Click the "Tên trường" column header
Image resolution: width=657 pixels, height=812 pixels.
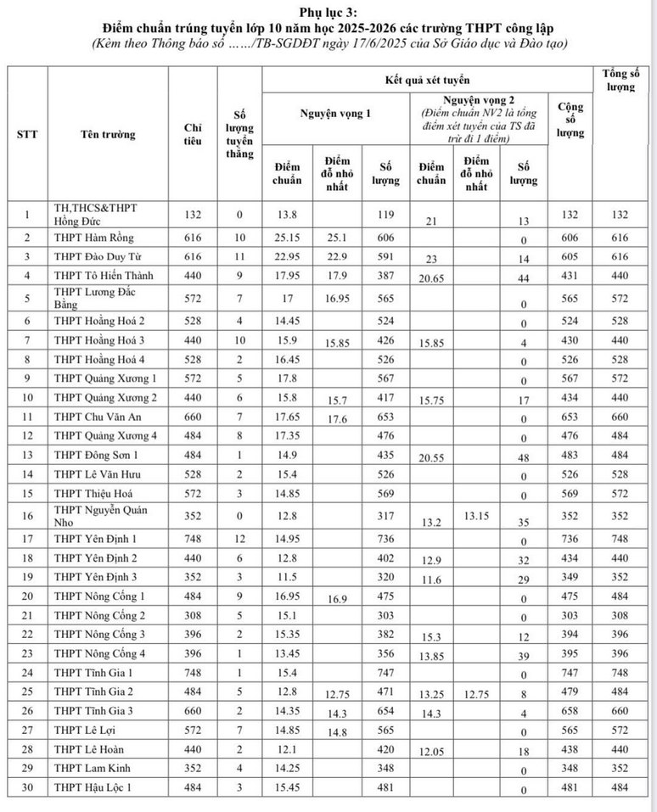pos(108,134)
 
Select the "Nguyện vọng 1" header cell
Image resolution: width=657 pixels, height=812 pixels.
pos(335,112)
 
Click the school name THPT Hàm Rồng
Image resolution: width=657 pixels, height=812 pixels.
pos(93,237)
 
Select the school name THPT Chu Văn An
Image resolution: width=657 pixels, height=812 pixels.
pos(95,417)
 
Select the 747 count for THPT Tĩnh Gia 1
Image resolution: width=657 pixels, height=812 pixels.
pos(385,670)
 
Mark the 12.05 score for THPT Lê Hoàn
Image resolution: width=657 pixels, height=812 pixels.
pos(431,751)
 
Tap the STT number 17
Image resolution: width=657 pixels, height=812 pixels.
pos(27,538)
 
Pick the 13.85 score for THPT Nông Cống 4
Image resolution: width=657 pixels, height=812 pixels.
pos(431,655)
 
